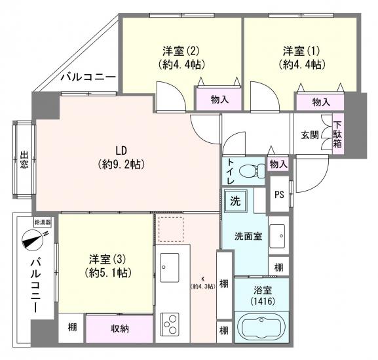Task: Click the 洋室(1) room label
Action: click(302, 57)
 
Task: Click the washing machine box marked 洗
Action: click(235, 199)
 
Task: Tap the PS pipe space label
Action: click(278, 195)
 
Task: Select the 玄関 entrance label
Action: click(310, 135)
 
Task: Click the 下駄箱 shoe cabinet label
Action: click(337, 134)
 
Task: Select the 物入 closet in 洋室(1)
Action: click(320, 102)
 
